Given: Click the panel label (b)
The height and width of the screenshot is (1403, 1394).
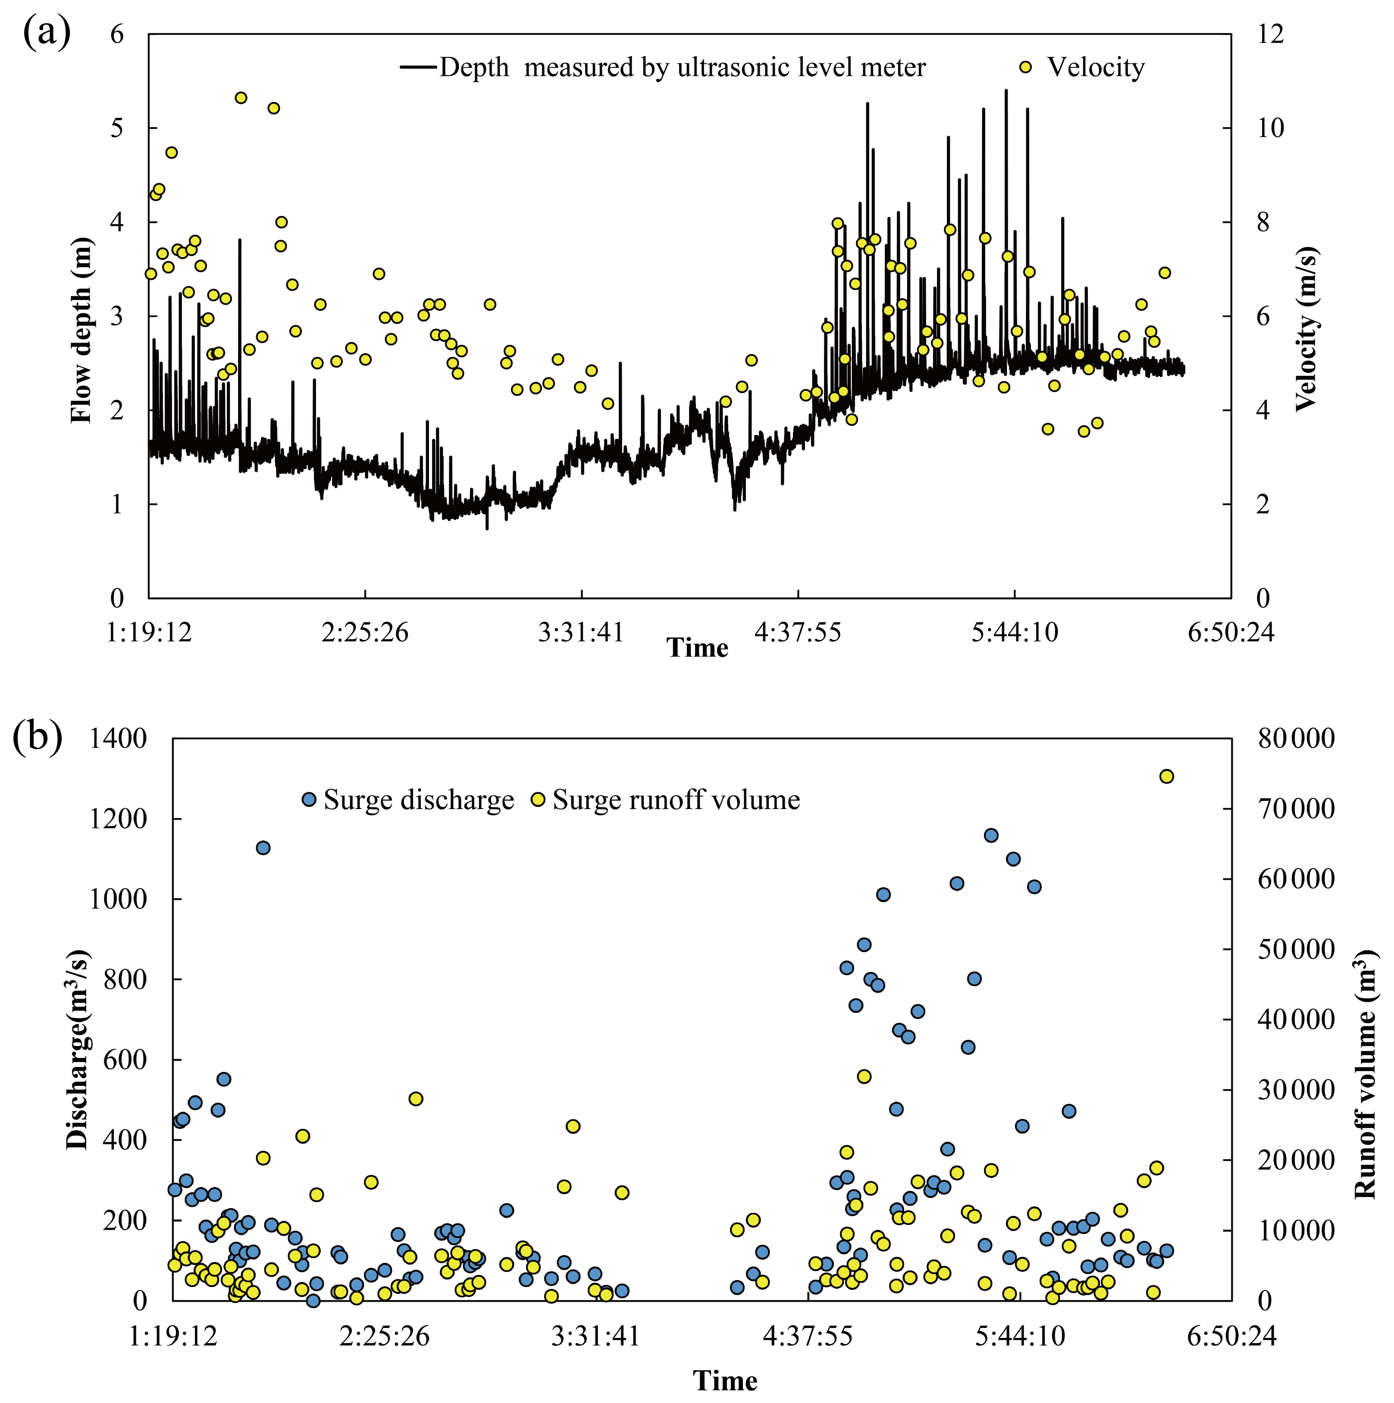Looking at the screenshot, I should pyautogui.click(x=38, y=738).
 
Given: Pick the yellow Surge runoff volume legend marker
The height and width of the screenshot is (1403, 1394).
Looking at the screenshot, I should pyautogui.click(x=538, y=800).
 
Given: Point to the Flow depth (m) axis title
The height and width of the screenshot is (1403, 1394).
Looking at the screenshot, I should pyautogui.click(x=81, y=331).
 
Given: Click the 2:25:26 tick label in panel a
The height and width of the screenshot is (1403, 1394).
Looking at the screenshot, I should pyautogui.click(x=365, y=632).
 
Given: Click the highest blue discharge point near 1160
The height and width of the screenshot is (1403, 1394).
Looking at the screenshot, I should pyautogui.click(x=991, y=835).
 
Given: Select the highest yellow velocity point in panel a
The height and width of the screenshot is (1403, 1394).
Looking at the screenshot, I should pyautogui.click(x=241, y=98).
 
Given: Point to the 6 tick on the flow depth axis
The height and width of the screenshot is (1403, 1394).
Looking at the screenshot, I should pyautogui.click(x=116, y=34).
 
